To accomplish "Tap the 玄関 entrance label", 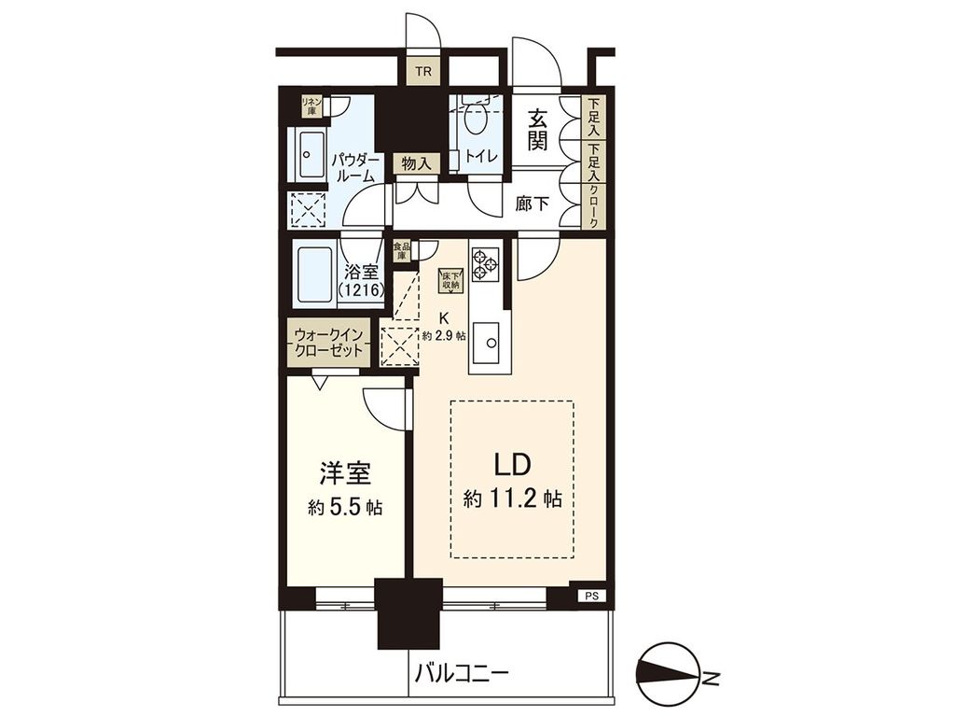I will coord(538,130).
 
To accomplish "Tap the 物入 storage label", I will coord(415,164).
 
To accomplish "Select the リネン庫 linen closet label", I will coord(309,105).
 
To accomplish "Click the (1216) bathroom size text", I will coord(360,291).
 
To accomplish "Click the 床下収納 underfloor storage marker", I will coord(450,279).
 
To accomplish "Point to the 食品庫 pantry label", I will coord(400,250).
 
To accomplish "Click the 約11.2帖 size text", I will coord(512,499).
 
